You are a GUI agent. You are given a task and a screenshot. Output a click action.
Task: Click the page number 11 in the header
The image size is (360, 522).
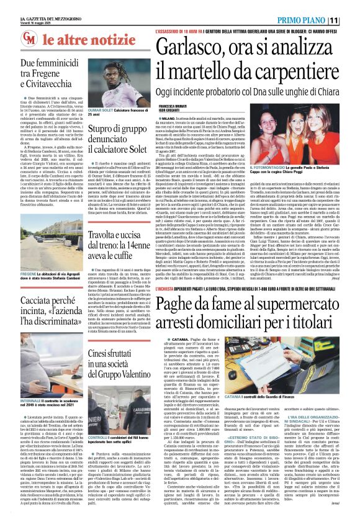click(x=351, y=20)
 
